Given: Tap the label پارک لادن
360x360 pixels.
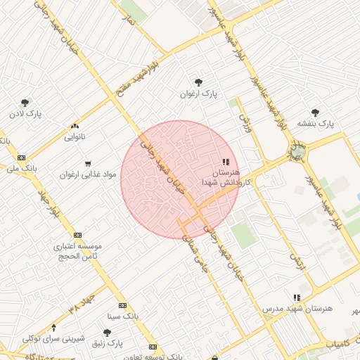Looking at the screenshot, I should [26, 113].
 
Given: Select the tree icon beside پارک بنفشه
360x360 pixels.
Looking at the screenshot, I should [314, 112].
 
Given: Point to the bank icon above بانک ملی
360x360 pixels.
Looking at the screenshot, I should [22, 157].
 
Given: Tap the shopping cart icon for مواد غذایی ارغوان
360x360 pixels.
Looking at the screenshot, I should [88, 163].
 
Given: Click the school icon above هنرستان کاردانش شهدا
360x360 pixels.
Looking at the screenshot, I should [225, 162].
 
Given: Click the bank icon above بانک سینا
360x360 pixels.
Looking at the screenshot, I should [123, 305].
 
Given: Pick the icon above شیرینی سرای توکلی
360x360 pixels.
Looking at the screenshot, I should [55, 328].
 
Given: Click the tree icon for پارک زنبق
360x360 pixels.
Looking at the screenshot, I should [106, 333].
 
